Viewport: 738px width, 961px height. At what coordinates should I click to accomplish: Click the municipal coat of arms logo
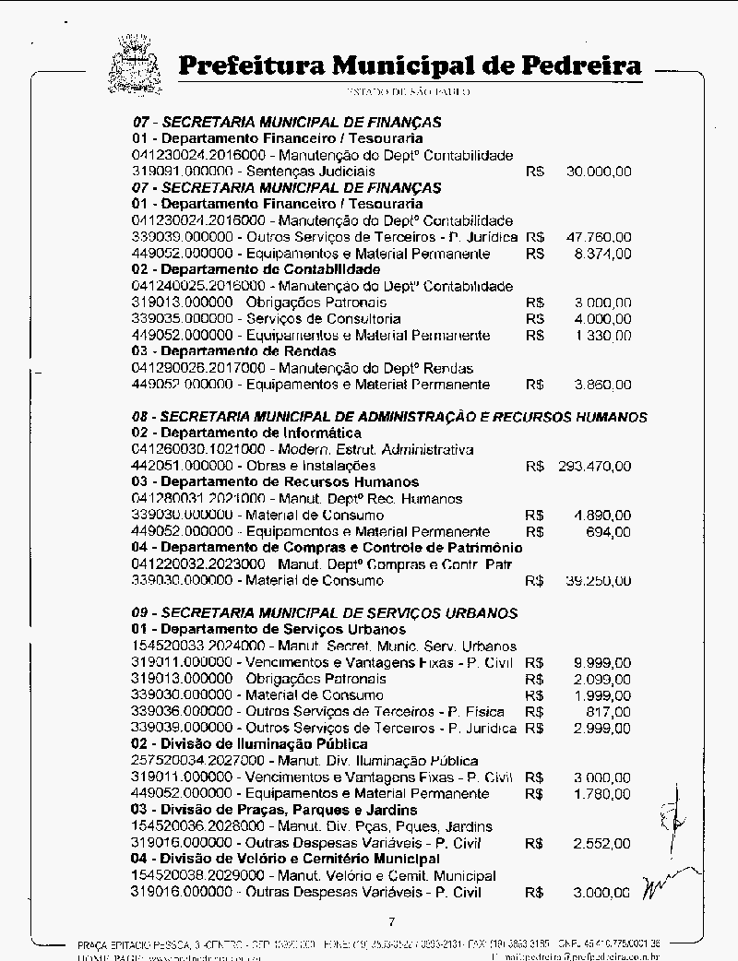tap(136, 63)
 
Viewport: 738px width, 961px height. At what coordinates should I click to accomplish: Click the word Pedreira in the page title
tap(581, 66)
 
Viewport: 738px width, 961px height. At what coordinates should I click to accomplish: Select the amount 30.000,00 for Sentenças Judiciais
tap(599, 172)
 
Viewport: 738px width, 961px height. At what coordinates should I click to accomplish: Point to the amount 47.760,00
tap(599, 237)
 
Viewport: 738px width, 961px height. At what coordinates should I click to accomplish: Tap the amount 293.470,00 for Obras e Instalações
tap(595, 466)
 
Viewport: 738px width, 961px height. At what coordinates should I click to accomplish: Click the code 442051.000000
tap(182, 466)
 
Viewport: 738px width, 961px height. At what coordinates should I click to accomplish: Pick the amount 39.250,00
tap(599, 581)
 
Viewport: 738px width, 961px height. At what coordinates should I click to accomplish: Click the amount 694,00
tap(609, 532)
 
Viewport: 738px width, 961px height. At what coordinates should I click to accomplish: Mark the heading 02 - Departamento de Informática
tap(246, 433)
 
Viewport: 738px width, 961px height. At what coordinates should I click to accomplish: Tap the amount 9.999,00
tap(602, 662)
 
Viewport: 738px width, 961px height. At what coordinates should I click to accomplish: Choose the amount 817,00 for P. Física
tap(609, 711)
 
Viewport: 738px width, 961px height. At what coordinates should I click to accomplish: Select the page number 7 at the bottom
tap(392, 921)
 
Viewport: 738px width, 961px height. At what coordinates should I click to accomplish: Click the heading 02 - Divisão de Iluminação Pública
tap(249, 743)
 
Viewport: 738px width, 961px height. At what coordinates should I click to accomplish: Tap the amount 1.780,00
tap(602, 793)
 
